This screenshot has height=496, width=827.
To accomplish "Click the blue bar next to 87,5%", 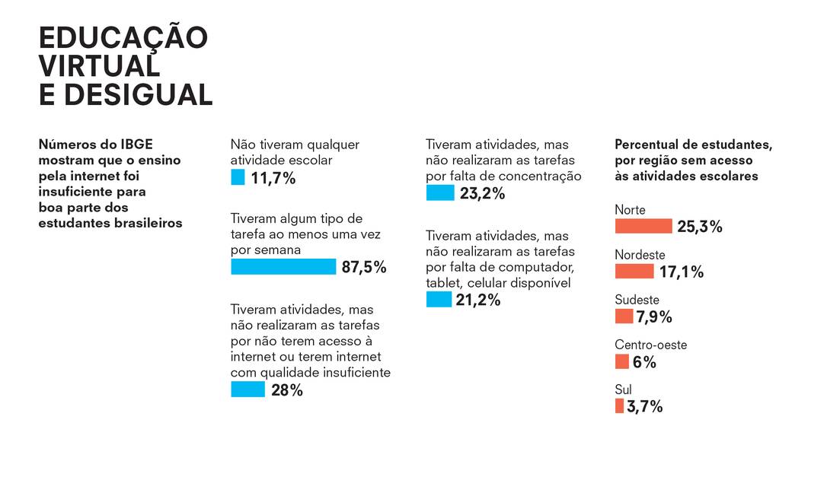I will (283, 267).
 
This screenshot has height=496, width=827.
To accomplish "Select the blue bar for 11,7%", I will (238, 178).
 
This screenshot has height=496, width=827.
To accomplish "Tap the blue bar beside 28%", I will (247, 389).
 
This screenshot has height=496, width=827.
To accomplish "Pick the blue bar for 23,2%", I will (440, 193).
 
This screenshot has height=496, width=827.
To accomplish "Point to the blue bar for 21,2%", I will (439, 300).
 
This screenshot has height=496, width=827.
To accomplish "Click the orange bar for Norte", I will (643, 226).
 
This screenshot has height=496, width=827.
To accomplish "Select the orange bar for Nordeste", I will (634, 272).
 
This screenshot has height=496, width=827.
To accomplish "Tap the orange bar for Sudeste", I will (624, 316).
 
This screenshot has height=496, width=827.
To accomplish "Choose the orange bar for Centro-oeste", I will (621, 361).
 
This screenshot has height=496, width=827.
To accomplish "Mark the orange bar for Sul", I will (619, 406).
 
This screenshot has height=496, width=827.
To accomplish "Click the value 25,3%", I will (699, 227).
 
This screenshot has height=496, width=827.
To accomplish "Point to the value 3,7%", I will (644, 407).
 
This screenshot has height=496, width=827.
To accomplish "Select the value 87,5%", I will (364, 268).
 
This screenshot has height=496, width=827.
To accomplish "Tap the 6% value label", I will (644, 362).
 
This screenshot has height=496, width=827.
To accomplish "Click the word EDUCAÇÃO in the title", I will (123, 38).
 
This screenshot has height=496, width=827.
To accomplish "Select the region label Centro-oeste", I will (650, 345).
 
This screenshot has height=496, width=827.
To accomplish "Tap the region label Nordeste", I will (640, 255).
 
